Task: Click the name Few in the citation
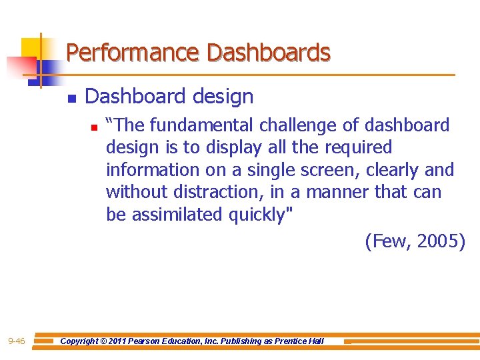coord(387,241)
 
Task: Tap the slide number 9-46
coord(17,341)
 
